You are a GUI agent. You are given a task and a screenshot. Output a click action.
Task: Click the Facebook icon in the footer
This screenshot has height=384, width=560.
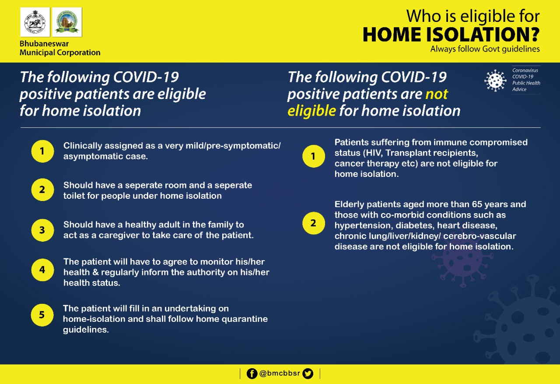pyautogui.click(x=252, y=373)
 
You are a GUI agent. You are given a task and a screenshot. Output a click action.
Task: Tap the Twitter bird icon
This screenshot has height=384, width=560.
pyautogui.click(x=308, y=373)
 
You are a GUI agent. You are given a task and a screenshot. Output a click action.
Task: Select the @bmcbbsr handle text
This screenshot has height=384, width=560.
pyautogui.click(x=280, y=374)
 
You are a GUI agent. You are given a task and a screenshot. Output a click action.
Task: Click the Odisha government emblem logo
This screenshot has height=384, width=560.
pyautogui.click(x=35, y=22)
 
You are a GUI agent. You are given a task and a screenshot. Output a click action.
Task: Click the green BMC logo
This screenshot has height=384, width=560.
pyautogui.click(x=67, y=22)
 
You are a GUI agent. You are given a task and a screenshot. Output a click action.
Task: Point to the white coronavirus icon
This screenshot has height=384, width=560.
pyautogui.click(x=495, y=80)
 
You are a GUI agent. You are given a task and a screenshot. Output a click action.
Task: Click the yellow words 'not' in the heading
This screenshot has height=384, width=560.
pyautogui.click(x=437, y=94)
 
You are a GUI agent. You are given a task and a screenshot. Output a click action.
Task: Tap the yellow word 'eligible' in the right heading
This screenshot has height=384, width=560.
pyautogui.click(x=311, y=110)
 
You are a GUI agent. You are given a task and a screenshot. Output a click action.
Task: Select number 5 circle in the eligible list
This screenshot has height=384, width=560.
pyautogui.click(x=42, y=316)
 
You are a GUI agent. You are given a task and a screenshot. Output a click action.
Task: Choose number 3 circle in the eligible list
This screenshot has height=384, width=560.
pyautogui.click(x=42, y=229)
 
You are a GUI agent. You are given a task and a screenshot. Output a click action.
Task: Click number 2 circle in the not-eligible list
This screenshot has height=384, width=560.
pyautogui.click(x=313, y=223)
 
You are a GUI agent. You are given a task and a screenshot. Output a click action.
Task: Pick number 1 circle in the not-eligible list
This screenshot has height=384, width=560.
pyautogui.click(x=313, y=156)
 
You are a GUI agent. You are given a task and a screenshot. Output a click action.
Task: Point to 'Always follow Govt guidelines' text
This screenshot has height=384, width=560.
pyautogui.click(x=485, y=49)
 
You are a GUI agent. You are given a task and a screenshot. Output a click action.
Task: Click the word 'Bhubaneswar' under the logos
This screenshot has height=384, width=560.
pyautogui.click(x=44, y=44)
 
